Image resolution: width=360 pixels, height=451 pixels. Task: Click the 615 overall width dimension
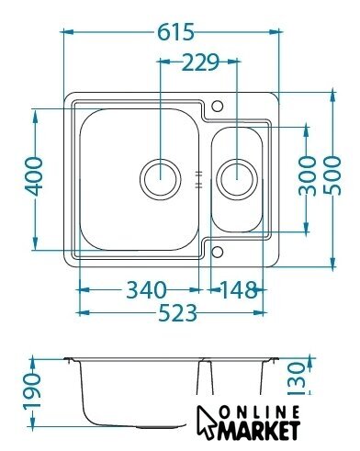click(176, 32)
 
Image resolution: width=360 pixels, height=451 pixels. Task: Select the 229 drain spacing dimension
click(201, 62)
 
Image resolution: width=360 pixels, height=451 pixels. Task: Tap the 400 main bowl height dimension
click(34, 176)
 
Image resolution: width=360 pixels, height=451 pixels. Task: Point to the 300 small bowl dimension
click(307, 175)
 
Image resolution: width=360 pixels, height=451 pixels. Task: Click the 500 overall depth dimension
click(332, 175)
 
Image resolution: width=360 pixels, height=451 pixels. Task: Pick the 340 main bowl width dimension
click(146, 289)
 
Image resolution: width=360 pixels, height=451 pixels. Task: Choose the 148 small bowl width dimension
click(239, 290)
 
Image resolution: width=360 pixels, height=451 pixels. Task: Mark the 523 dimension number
click(177, 313)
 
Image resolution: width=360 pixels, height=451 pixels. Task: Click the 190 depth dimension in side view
click(32, 390)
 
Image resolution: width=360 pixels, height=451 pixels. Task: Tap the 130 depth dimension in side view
click(297, 378)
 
